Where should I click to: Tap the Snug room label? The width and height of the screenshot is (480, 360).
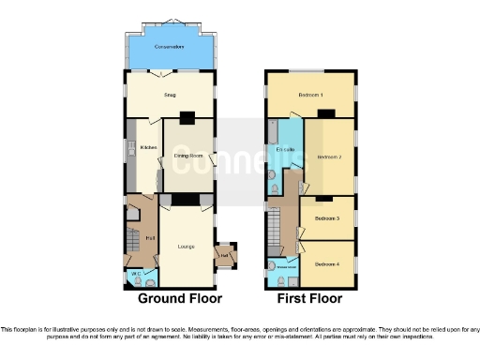pyautogui.click(x=170, y=95)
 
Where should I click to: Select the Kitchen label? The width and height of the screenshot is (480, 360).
pyautogui.click(x=147, y=147)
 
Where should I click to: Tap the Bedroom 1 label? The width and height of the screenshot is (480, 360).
pyautogui.click(x=310, y=96)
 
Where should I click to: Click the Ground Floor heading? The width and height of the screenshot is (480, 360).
pyautogui.click(x=180, y=299)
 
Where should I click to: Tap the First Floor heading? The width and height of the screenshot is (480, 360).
pyautogui.click(x=309, y=299)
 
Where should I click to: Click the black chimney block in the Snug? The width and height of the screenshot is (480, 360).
pyautogui.click(x=187, y=117)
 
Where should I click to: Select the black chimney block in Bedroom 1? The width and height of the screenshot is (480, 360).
pyautogui.click(x=324, y=113)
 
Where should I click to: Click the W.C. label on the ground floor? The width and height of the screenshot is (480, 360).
pyautogui.click(x=136, y=274)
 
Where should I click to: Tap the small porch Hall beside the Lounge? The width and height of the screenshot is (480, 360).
pyautogui.click(x=225, y=254)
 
